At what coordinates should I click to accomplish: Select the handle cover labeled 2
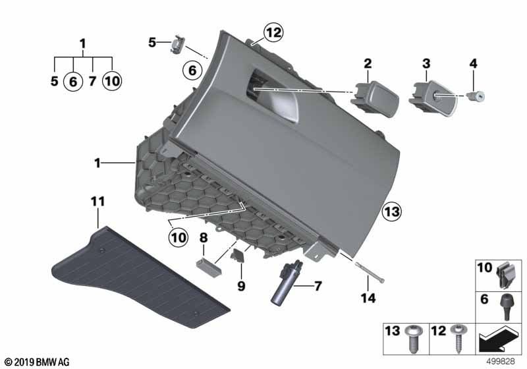[375, 98]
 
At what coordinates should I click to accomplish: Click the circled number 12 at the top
[273, 32]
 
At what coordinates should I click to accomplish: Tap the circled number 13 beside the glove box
[392, 212]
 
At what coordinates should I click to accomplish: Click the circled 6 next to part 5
[192, 71]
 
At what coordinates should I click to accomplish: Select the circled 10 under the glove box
[178, 238]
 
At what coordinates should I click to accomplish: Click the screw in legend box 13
[414, 339]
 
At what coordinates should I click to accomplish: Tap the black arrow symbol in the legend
[499, 339]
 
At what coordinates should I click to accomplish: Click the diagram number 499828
[501, 362]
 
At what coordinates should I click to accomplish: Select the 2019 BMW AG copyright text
[38, 362]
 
